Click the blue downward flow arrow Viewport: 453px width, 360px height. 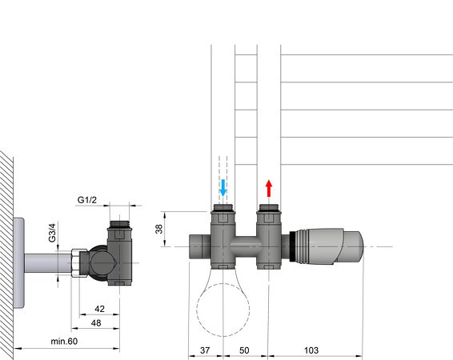(222, 190)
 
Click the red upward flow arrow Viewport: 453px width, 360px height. (269, 190)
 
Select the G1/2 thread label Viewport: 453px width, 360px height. (88, 199)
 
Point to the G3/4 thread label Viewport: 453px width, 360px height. (52, 232)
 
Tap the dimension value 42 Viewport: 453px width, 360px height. (98, 308)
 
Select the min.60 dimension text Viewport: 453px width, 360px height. (65, 342)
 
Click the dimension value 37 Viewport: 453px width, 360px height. (205, 351)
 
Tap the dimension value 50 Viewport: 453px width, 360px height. (245, 351)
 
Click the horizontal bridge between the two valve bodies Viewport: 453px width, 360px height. (246, 242)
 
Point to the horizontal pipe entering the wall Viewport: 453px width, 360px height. (48, 263)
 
